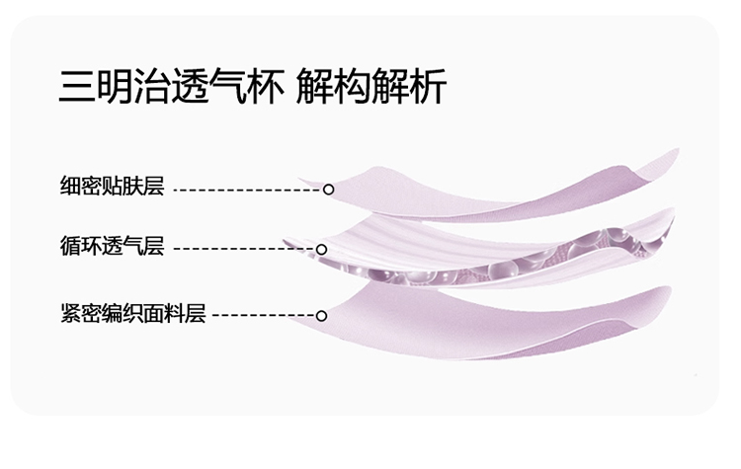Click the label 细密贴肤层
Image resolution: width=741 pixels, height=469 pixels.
coord(112,186)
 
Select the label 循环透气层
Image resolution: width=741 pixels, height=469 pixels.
coord(112,245)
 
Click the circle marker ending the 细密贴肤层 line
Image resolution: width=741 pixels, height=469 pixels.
coord(328,190)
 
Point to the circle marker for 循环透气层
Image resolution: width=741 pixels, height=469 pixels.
coord(321,249)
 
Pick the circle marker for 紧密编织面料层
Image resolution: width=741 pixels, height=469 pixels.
coord(321,316)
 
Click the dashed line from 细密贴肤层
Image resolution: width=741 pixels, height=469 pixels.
coord(248,190)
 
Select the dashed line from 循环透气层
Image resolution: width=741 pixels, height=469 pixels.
coord(245,249)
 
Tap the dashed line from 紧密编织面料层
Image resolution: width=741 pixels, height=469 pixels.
coord(264,316)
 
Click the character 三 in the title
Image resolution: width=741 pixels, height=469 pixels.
coord(77,86)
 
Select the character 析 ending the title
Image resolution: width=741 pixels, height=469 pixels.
coord(428,86)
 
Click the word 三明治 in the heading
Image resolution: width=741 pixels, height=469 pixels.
coord(115,86)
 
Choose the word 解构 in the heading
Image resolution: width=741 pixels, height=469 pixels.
coord(333,86)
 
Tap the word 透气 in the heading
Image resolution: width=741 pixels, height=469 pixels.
coord(208,86)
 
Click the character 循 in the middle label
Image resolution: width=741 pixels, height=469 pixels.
coord(70,245)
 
